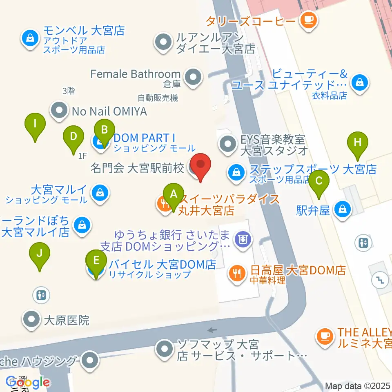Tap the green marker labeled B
tap(105, 131)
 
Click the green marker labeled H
tap(358, 143)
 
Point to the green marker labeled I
tap(35, 124)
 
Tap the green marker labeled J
tap(40, 254)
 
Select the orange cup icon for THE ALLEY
tap(325, 336)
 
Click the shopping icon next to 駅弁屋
tap(342, 210)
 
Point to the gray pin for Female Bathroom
tap(191, 76)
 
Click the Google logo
tap(27, 382)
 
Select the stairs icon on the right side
tap(379, 280)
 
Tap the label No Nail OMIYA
tap(109, 111)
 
